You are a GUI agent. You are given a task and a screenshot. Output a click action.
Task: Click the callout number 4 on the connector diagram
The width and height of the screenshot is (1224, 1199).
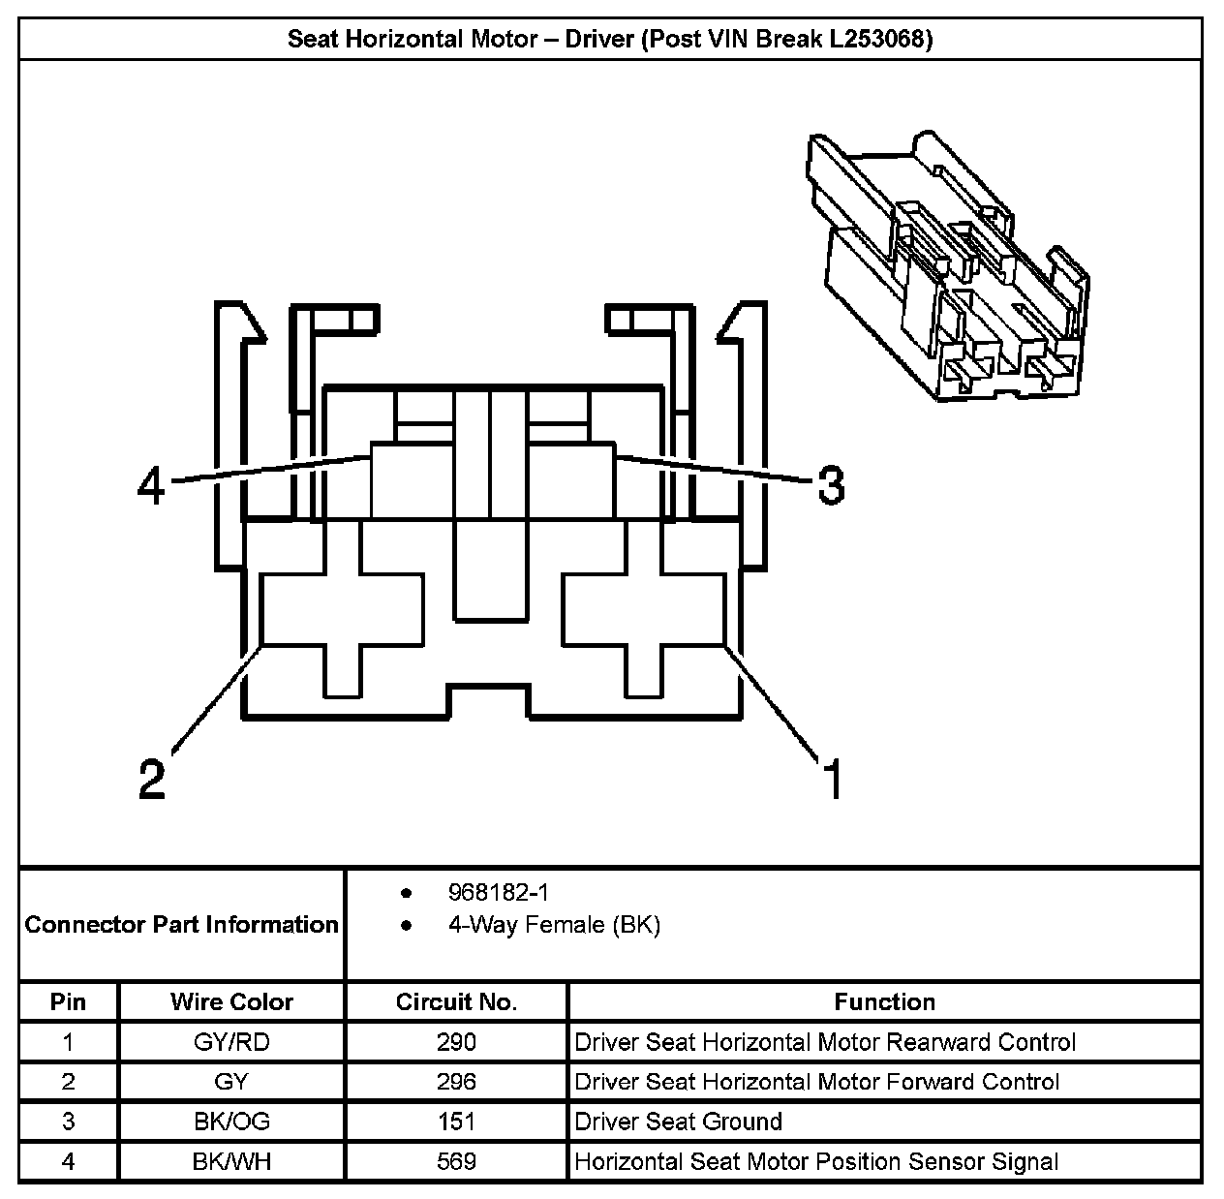click(x=151, y=486)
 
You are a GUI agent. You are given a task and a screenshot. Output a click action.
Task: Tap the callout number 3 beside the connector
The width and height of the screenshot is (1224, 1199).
click(x=831, y=485)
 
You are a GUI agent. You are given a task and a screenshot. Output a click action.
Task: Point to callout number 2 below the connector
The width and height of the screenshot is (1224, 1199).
click(x=152, y=778)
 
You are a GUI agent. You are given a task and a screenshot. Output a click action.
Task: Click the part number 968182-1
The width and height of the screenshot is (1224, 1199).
click(x=498, y=893)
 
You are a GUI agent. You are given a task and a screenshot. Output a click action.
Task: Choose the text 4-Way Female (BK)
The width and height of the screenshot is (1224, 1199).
click(x=555, y=925)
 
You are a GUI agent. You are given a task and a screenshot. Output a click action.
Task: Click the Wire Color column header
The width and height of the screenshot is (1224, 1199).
click(x=231, y=1002)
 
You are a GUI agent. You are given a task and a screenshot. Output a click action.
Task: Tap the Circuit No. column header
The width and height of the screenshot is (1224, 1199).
click(x=456, y=1002)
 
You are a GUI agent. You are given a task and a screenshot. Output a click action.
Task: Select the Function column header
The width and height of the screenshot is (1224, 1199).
click(x=884, y=1002)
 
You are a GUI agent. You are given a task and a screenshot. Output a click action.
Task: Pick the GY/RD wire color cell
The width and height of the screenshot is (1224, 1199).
click(x=231, y=1042)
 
